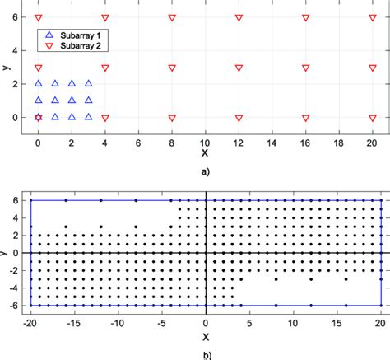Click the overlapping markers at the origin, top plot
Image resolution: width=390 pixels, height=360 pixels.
(38, 118)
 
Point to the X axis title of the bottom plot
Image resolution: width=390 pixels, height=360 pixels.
(206, 336)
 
